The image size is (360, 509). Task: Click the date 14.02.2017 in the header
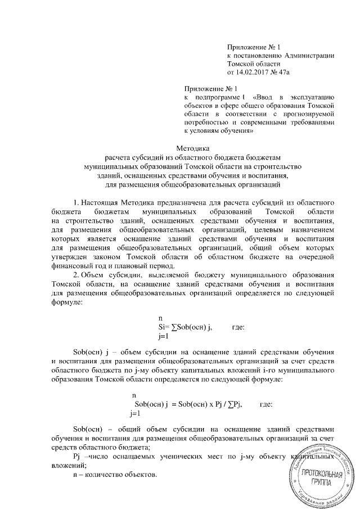(254, 73)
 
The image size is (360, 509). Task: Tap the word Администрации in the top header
(310, 56)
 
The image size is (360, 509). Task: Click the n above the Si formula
(161, 319)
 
